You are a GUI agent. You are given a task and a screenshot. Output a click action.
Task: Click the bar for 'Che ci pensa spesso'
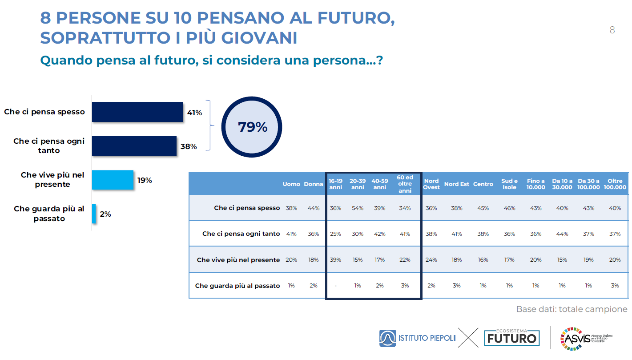[x=137, y=112]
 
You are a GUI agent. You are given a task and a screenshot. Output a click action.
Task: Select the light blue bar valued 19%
[x=113, y=180]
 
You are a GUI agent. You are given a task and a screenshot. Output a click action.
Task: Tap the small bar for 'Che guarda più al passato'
[x=94, y=214]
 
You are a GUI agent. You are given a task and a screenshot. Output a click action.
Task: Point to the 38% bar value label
[x=189, y=146]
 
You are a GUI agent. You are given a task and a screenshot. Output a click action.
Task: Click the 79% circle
[x=253, y=127]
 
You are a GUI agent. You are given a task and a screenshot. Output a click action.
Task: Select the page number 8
[x=612, y=30]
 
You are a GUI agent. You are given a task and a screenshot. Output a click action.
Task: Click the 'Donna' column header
[x=314, y=184]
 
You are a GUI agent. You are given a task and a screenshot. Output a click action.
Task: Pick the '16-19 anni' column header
[x=335, y=184]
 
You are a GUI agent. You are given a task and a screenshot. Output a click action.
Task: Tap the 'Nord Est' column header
[x=456, y=184]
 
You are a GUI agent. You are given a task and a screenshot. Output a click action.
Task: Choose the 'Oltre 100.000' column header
[x=615, y=184]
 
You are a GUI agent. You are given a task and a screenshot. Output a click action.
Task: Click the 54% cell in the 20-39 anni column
[x=358, y=208]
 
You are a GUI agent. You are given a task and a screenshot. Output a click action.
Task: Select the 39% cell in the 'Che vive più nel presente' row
[x=335, y=260]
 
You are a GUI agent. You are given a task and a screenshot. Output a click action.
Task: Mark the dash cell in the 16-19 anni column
[x=335, y=286]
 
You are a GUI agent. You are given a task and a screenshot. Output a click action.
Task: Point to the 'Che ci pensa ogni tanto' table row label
[x=241, y=234]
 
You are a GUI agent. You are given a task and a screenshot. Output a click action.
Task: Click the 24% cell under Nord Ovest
[x=431, y=260]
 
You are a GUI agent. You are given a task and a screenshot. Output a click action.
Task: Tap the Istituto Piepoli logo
[x=417, y=338]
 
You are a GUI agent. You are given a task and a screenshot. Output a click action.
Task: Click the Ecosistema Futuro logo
[x=511, y=338]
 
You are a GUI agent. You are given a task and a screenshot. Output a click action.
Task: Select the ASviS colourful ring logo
[x=572, y=338]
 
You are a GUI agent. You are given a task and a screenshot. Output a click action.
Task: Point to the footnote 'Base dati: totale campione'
[x=572, y=309]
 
